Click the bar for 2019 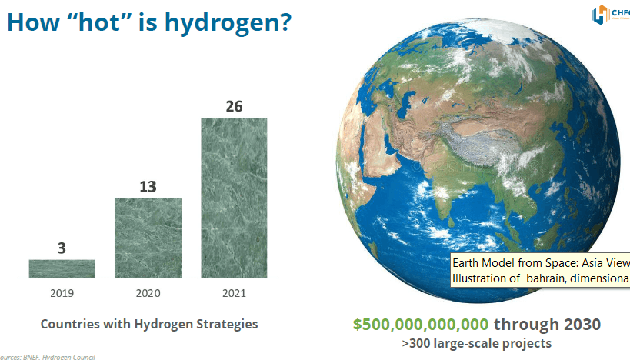[62, 268]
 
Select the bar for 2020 [148, 238]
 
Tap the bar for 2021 [234, 198]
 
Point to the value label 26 [234, 106]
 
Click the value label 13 [148, 186]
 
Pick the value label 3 [62, 248]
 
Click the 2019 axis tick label [62, 293]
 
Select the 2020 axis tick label [148, 293]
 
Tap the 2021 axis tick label [234, 293]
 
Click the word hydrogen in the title [234, 22]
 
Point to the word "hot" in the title [98, 22]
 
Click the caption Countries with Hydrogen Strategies [149, 324]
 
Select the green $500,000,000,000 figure [421, 324]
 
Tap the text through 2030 [547, 324]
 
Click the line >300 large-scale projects [477, 342]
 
